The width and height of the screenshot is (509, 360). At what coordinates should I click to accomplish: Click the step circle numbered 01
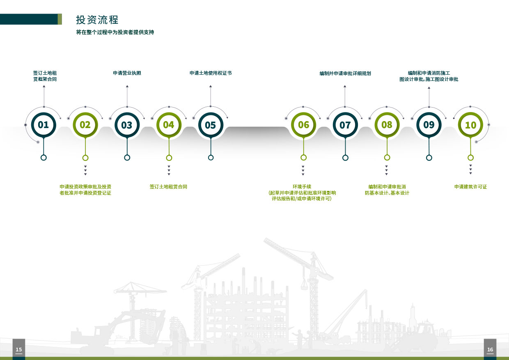43,125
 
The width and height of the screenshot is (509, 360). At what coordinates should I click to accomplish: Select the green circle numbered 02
85,125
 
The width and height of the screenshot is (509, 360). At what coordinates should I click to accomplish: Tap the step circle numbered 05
210,125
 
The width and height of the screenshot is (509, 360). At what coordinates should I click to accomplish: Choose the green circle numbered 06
303,125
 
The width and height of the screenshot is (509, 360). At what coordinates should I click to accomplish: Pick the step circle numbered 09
429,125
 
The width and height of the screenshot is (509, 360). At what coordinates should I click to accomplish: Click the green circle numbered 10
470,125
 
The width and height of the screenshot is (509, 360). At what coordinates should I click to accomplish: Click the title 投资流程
97,20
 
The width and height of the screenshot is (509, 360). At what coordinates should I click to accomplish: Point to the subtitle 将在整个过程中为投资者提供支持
115,32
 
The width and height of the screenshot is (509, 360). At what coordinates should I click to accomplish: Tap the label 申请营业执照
127,73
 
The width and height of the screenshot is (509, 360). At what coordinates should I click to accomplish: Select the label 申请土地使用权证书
210,73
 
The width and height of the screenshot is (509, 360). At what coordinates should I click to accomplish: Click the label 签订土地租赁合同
168,187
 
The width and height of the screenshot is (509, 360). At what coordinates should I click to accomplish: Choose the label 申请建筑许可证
470,187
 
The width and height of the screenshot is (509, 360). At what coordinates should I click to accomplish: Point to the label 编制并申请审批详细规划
345,73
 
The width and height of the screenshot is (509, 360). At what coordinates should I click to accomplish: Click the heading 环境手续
302,187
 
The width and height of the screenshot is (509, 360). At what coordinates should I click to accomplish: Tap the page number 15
18,350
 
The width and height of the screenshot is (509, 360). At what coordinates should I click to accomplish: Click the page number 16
490,350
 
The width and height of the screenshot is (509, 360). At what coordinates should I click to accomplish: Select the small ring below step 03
127,158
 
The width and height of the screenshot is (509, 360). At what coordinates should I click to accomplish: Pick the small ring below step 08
387,158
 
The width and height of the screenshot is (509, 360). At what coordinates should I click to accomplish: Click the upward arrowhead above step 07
345,86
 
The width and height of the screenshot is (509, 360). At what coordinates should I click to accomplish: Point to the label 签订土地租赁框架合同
45,76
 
